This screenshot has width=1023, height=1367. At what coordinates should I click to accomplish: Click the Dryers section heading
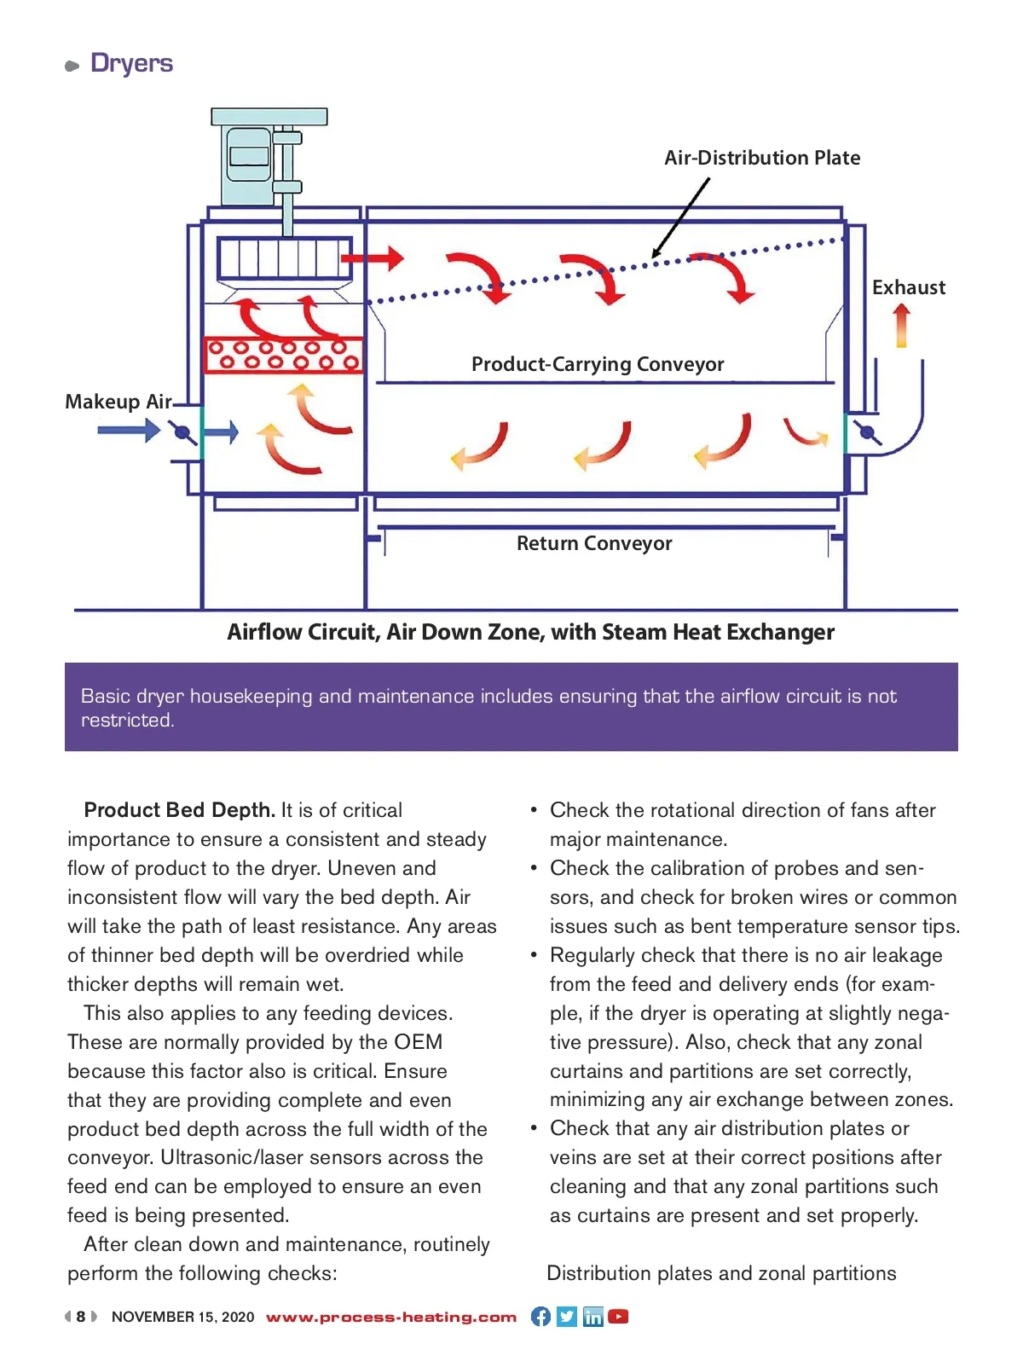(131, 64)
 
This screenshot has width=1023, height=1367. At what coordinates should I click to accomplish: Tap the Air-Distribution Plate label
(762, 158)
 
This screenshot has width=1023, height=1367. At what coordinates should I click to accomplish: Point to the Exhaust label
(908, 287)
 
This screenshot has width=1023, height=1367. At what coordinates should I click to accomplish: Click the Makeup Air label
(118, 402)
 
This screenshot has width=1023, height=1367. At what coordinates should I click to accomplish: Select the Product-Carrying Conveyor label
(598, 364)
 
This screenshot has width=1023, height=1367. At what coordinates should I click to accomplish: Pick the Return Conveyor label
(594, 543)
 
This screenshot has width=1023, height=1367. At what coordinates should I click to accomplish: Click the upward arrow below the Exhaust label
(901, 326)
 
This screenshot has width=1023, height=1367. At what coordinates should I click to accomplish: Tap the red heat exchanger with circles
(284, 355)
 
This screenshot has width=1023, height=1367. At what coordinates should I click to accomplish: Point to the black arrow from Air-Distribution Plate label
(680, 217)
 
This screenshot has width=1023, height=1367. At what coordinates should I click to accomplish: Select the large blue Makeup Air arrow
(128, 431)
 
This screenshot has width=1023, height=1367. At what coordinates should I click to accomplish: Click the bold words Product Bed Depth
(179, 810)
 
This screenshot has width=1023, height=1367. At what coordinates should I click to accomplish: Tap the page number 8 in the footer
(81, 1317)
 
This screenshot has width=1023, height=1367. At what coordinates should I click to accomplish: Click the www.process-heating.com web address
(391, 1317)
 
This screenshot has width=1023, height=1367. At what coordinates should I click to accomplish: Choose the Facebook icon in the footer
(540, 1317)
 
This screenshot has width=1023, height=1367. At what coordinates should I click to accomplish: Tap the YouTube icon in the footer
(619, 1317)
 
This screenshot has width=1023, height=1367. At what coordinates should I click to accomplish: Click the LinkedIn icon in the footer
(592, 1317)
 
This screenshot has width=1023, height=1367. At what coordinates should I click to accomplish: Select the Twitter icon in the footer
(567, 1317)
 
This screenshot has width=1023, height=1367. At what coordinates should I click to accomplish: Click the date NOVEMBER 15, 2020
(182, 1317)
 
